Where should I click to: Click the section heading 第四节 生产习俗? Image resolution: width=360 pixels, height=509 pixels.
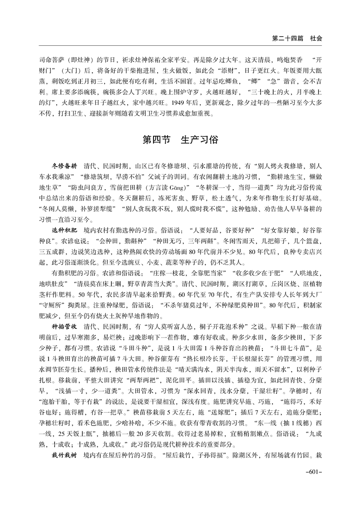point(180,139)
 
